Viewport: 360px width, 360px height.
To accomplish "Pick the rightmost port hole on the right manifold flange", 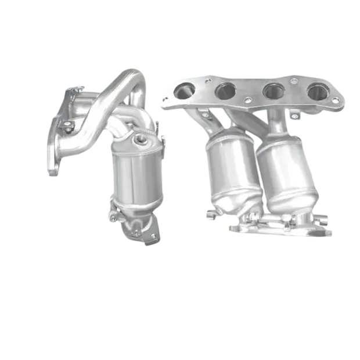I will pos(316,91).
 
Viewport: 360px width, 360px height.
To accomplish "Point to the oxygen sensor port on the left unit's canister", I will pos(140,139).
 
